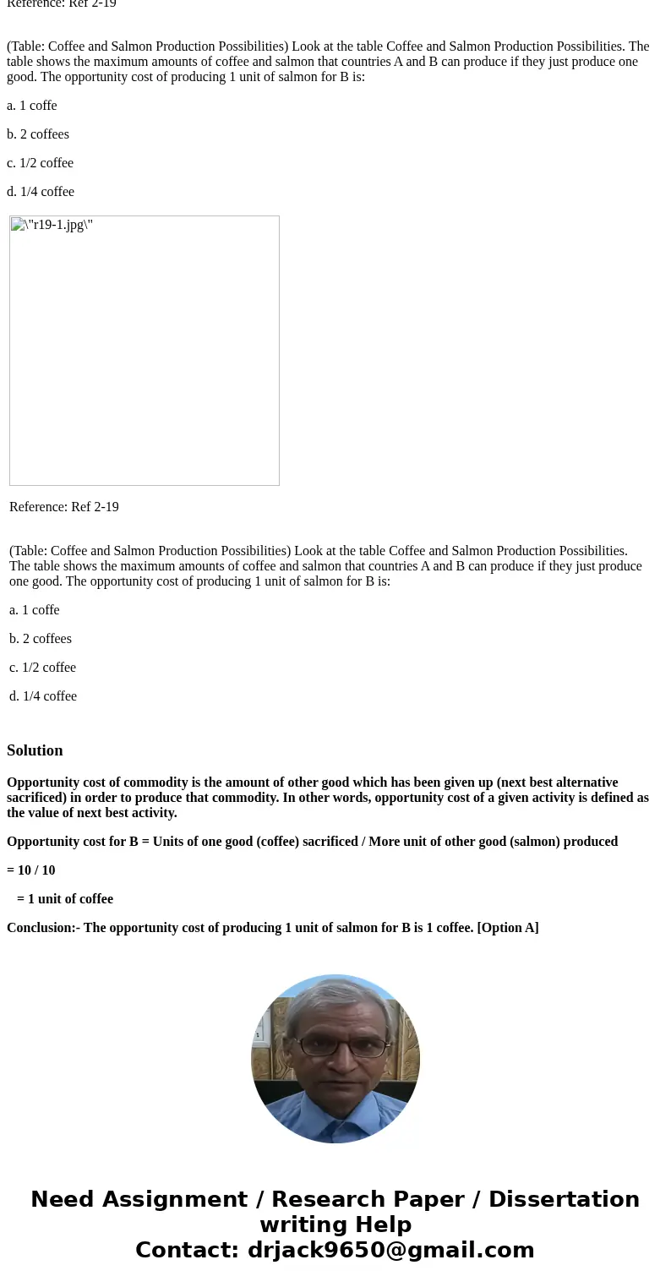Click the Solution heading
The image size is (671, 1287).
[x=35, y=750]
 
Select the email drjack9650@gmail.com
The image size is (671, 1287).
[x=390, y=1250]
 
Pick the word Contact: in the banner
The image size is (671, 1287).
[x=187, y=1250]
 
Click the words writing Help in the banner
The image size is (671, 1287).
[x=335, y=1224]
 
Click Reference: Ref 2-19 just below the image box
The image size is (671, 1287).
[x=64, y=507]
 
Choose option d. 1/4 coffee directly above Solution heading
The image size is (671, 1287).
[x=43, y=696]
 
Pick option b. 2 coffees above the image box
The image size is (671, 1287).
[x=38, y=134]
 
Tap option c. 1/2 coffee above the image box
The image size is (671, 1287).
[x=40, y=163]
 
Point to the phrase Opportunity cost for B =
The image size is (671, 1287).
[x=78, y=842]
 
